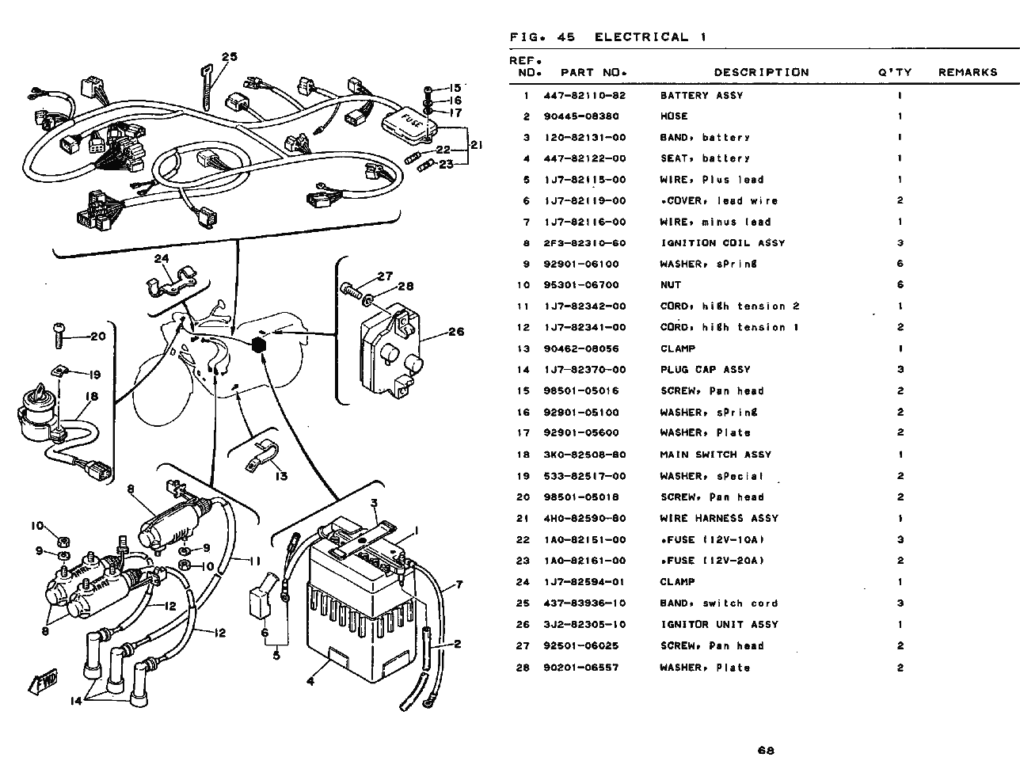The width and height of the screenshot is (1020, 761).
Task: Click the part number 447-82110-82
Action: [584, 96]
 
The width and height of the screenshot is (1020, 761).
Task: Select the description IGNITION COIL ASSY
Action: [722, 243]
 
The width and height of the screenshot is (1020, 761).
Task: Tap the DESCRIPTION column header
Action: [761, 72]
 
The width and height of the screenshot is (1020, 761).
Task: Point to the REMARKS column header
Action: [968, 72]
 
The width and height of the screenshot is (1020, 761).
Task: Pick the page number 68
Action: [765, 750]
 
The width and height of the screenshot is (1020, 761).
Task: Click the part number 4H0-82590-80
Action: [584, 519]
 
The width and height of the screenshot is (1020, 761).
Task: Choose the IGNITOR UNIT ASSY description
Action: [719, 624]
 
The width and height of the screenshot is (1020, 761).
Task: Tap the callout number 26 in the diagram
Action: [456, 332]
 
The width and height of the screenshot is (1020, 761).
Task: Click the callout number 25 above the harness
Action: [229, 56]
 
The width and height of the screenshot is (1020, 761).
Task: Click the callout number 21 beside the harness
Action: [476, 145]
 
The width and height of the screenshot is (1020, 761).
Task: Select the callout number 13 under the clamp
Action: [281, 476]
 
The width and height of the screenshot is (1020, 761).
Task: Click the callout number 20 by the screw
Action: [97, 336]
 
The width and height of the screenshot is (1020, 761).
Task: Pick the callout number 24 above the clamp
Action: [162, 258]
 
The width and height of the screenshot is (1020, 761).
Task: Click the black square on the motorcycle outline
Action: [259, 344]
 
